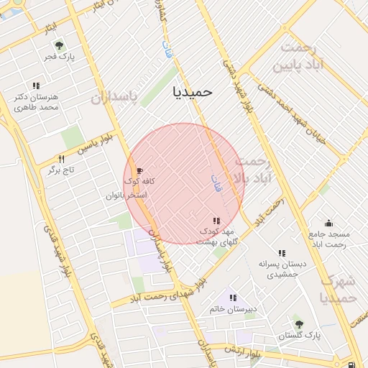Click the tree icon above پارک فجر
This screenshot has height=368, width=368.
click(x=60, y=46)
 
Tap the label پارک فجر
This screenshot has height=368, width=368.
click(x=59, y=56)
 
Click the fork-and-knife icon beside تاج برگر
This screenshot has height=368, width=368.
click(x=61, y=159)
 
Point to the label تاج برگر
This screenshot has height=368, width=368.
click(x=61, y=170)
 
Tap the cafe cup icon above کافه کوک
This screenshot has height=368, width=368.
click(x=139, y=171)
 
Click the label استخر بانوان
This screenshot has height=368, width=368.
click(x=126, y=195)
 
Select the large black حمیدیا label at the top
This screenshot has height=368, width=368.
click(x=193, y=92)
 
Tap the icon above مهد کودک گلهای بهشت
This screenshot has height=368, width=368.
click(x=216, y=221)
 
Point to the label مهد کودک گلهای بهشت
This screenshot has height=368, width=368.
click(x=229, y=236)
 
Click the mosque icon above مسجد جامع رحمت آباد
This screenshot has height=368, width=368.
click(x=328, y=223)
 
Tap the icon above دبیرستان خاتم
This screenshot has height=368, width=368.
click(x=232, y=298)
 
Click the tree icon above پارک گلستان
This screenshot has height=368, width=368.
click(x=298, y=323)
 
